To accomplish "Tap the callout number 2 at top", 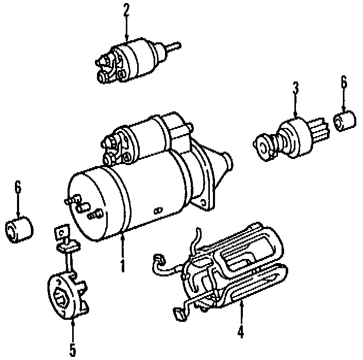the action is tap(126, 10).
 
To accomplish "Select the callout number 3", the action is tap(295, 88).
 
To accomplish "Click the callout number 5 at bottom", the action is tap(73, 350).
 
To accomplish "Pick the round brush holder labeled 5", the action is tap(67, 297).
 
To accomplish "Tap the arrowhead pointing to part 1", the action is tap(123, 237).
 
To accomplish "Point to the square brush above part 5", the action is tap(61, 233).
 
